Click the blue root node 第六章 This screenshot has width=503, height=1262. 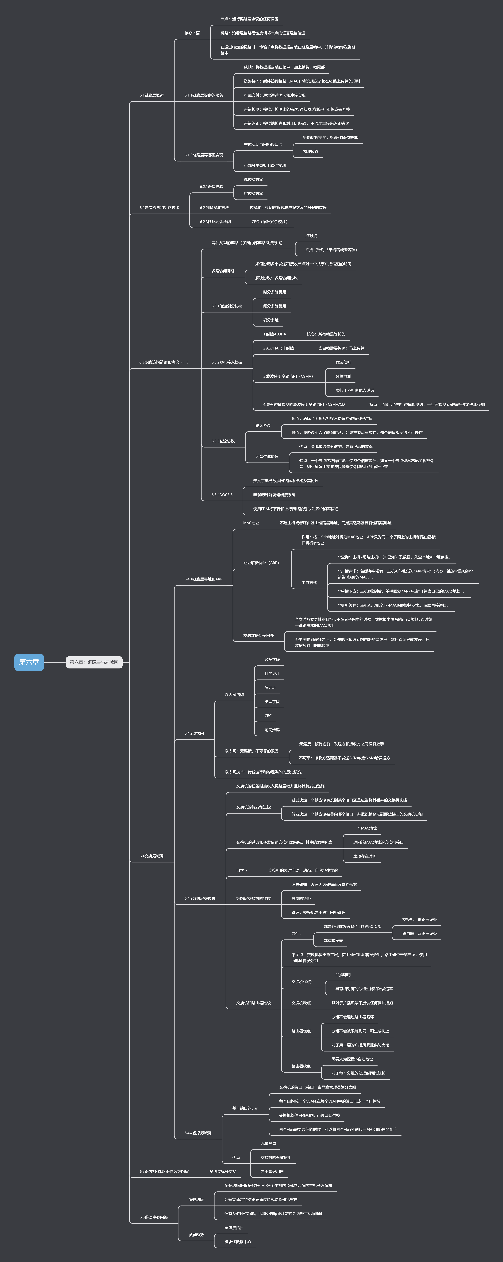[29, 662]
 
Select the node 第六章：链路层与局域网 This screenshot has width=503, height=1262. [94, 662]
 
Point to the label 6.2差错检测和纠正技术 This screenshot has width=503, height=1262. [159, 208]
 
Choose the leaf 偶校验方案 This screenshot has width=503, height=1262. [253, 180]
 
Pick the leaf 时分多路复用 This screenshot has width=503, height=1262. [274, 292]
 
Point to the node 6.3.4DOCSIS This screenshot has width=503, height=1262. [222, 495]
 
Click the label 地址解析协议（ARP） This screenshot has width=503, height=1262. [261, 563]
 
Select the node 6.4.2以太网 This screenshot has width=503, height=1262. [194, 733]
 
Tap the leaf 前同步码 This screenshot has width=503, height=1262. [272, 730]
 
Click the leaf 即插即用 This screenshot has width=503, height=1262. [343, 975]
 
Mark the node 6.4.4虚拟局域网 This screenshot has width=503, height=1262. [198, 1133]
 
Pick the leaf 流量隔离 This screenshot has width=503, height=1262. [268, 1143]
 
